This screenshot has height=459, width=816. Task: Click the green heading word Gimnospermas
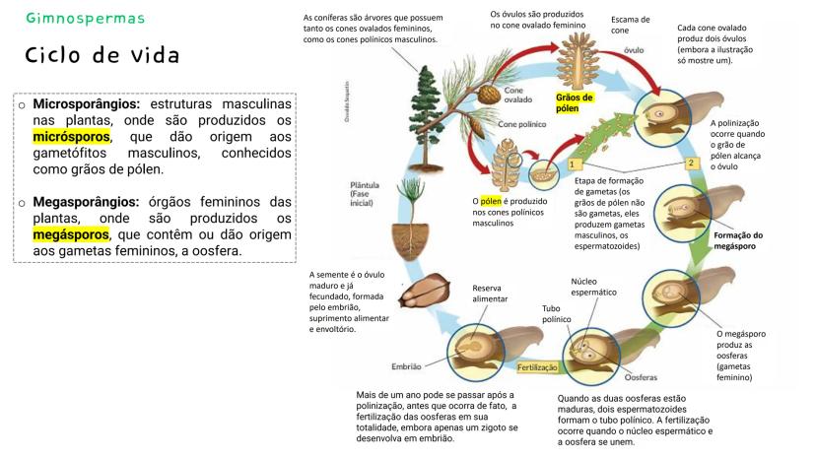(x=86, y=19)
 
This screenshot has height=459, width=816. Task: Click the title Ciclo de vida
(x=102, y=54)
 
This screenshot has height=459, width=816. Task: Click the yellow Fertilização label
(x=538, y=367)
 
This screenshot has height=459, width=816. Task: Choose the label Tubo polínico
(x=557, y=314)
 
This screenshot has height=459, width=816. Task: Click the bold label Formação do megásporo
(x=738, y=240)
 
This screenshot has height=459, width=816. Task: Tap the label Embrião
(x=406, y=366)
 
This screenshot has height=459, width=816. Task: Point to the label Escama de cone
(x=630, y=25)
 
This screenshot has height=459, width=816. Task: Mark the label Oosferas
(x=642, y=377)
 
